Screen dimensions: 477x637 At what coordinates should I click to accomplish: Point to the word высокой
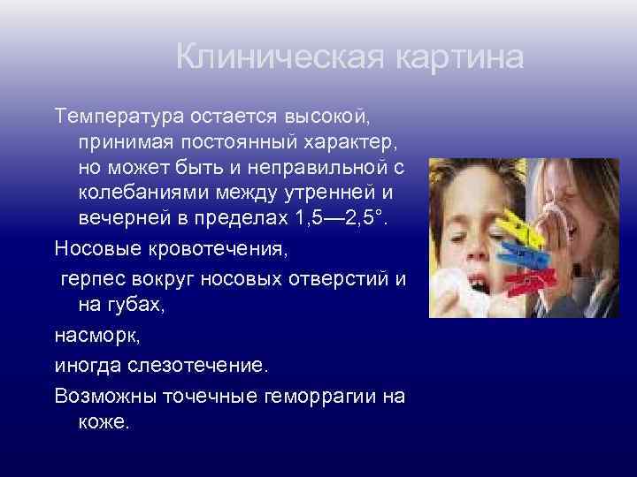tap(334, 117)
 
